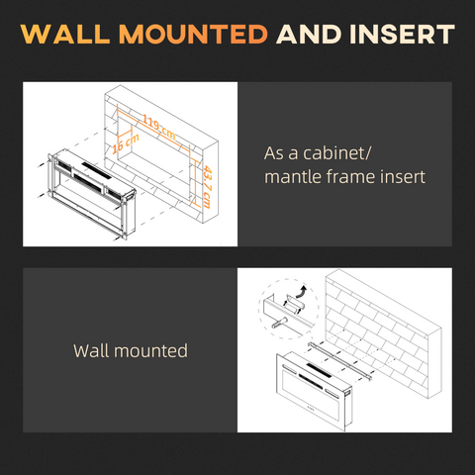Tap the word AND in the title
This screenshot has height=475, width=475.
pyautogui.click(x=312, y=36)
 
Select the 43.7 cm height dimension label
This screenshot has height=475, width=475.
pyautogui.click(x=207, y=185)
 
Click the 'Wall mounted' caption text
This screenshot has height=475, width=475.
pyautogui.click(x=131, y=350)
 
